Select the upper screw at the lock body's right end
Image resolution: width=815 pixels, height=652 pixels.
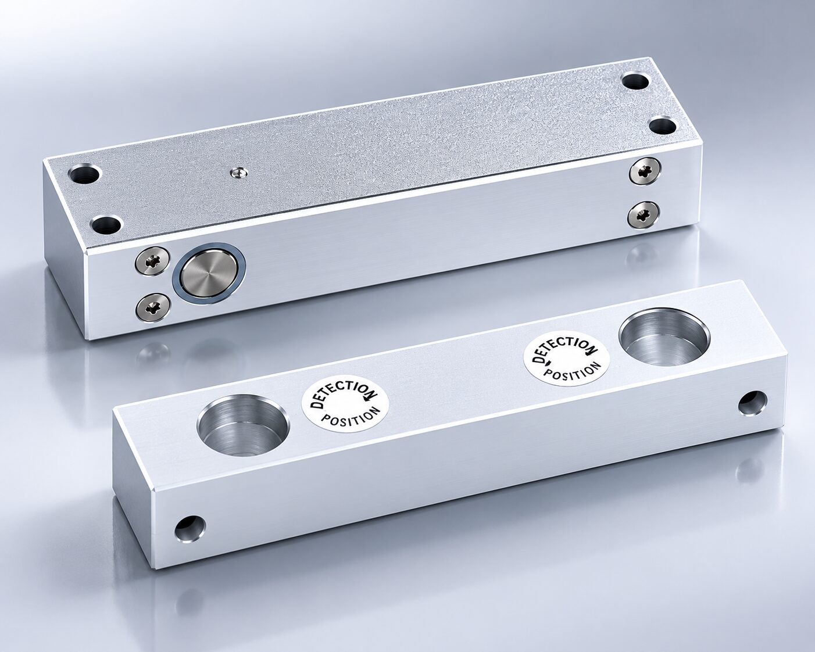tap(645, 173)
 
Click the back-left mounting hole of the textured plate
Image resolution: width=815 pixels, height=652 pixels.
tap(85, 174)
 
